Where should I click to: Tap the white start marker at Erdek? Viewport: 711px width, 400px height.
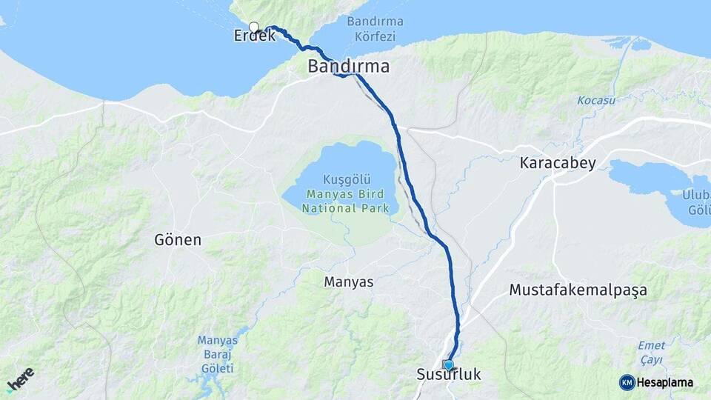(254, 27)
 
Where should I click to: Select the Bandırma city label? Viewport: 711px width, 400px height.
(349, 66)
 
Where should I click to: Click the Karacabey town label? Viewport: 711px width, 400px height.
(558, 163)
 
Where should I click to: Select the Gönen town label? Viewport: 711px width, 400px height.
(178, 240)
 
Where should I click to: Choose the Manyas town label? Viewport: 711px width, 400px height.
(349, 282)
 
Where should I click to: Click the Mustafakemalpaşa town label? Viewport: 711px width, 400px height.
(578, 290)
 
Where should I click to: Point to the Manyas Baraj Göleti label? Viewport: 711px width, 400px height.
(216, 354)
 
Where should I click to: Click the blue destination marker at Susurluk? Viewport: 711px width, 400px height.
(448, 364)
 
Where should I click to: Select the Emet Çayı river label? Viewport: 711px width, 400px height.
(652, 352)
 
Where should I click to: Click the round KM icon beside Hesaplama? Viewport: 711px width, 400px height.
(627, 382)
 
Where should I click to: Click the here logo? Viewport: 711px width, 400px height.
(20, 379)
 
